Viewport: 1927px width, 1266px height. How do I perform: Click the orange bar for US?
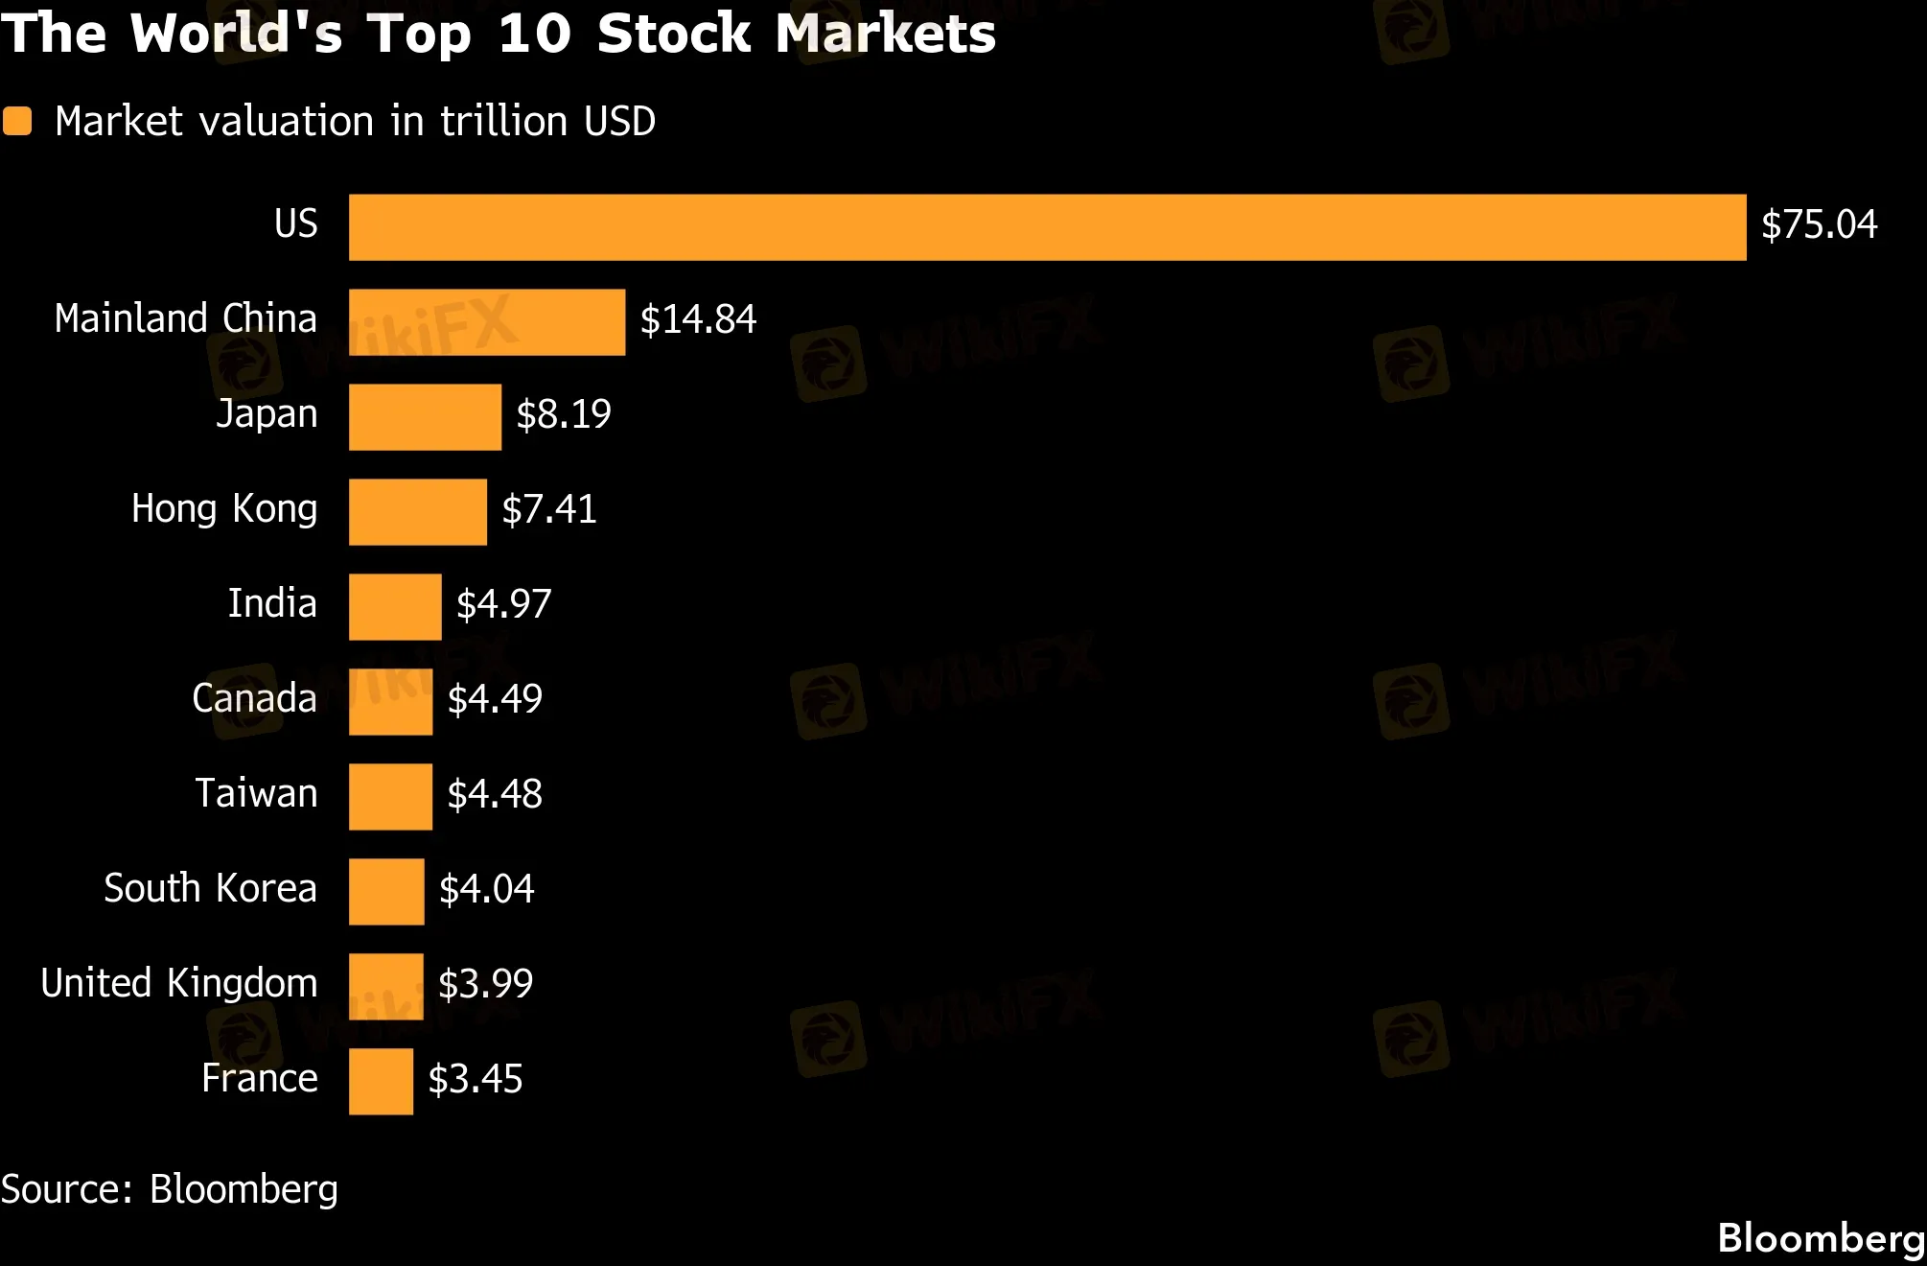pos(1047,227)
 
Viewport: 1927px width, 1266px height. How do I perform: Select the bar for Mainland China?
pos(487,322)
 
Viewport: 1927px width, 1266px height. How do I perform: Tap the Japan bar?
pos(425,417)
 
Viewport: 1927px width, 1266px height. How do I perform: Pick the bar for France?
pos(381,1082)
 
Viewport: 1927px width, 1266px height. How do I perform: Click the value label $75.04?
pos(1819,224)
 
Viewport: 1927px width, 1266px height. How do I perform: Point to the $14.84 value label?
pos(698,319)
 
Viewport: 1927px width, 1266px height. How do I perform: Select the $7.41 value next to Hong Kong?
pos(548,509)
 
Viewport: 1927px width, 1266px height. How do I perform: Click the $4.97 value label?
pos(503,604)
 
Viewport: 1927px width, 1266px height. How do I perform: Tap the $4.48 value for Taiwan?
pos(495,794)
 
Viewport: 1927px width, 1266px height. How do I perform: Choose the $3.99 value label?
pos(485,984)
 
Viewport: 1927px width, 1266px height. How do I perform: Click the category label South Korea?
pos(210,888)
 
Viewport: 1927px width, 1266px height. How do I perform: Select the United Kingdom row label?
pos(178,983)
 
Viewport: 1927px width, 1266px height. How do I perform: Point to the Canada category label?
pos(254,698)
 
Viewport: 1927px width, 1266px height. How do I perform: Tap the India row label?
pos(272,603)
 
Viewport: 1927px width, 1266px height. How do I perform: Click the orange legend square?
pos(17,122)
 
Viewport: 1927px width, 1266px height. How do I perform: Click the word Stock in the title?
pos(673,34)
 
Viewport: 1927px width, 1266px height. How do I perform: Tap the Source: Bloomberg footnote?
pos(170,1189)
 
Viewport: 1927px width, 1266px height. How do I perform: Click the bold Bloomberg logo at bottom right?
pos(1821,1238)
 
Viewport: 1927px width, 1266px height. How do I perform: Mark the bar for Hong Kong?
pos(417,512)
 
